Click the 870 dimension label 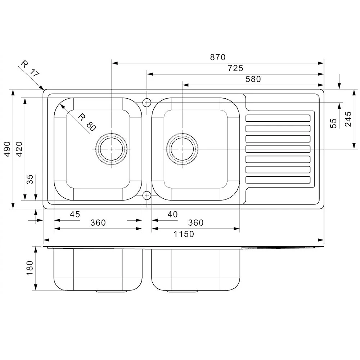click(217, 57)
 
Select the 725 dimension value click(235, 68)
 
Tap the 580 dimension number click(253, 79)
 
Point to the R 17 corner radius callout click(30, 69)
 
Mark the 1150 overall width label click(184, 234)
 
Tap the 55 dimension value click(333, 123)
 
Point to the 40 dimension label click(172, 215)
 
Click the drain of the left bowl click(112, 149)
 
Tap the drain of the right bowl click(182, 149)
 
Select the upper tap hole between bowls click(147, 103)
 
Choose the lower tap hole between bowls click(147, 195)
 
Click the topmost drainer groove click(278, 118)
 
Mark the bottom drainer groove click(278, 180)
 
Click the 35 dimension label click(31, 179)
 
